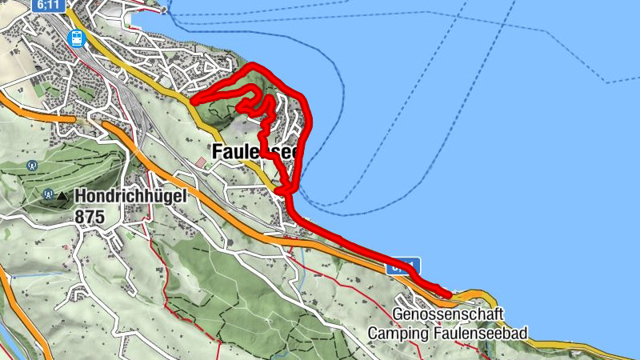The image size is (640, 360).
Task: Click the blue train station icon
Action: [78, 37]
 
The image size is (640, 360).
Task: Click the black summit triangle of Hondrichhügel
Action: [62, 195]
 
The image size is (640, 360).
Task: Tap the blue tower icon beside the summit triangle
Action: [48, 194]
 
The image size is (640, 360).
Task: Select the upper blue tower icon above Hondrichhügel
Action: [31, 166]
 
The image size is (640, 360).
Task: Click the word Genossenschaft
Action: [450, 314]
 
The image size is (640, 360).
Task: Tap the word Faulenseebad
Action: [488, 333]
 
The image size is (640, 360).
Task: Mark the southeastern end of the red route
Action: [450, 294]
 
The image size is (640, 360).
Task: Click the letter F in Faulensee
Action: [217, 151]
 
